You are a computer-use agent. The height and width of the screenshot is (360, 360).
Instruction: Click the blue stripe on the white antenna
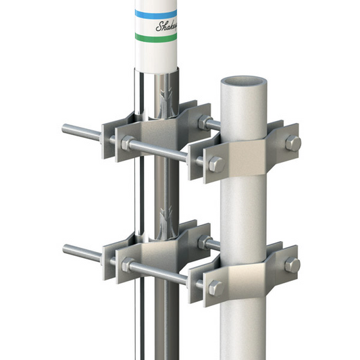(x=155, y=13)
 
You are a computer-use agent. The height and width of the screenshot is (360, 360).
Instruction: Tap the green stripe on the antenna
(x=155, y=36)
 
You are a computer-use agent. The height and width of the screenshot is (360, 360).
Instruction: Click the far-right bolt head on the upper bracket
(x=292, y=143)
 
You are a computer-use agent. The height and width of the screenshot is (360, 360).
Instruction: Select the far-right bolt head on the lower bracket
(x=292, y=265)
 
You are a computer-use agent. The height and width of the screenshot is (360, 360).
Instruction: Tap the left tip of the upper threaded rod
(x=65, y=128)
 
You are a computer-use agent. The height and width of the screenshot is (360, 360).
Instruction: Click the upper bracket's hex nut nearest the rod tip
(x=126, y=143)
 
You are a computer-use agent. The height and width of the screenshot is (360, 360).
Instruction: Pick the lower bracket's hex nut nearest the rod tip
(x=126, y=265)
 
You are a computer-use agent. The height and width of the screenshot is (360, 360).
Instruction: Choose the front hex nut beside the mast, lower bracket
(x=215, y=287)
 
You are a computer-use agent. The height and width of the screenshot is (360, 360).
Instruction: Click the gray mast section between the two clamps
(x=245, y=216)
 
